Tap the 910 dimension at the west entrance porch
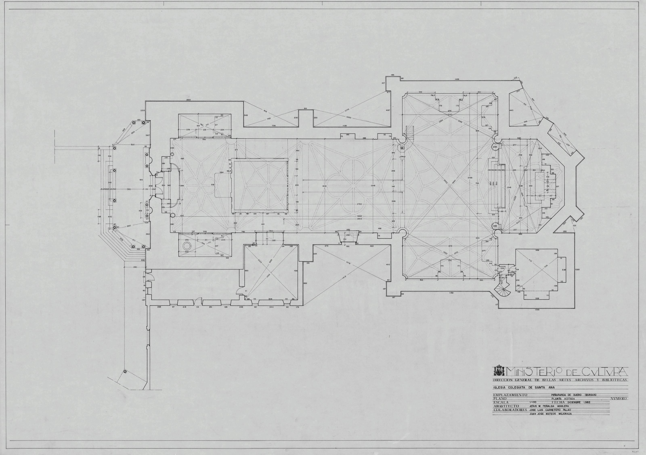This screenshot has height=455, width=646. click(x=141, y=180)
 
